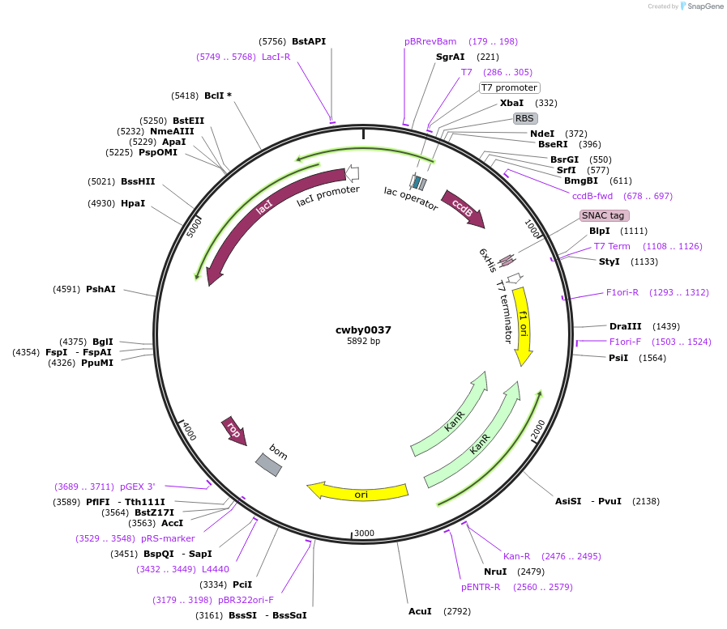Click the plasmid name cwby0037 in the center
coord(363,329)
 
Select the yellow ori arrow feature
coord(357,491)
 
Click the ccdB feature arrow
coord(462,207)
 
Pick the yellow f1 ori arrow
coord(523,324)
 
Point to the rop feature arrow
coord(233,430)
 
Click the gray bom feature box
coord(269,464)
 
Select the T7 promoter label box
coord(510,87)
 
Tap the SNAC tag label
coord(604,215)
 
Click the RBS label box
coord(525,118)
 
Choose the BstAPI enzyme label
coord(309,41)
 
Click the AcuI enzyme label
coord(420,611)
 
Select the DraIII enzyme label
coord(626,326)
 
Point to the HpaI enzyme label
coord(133,203)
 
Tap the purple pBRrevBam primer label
coord(430,41)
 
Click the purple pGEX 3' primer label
coord(137,487)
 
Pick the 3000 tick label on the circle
coord(364,533)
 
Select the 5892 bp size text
coord(363,342)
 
